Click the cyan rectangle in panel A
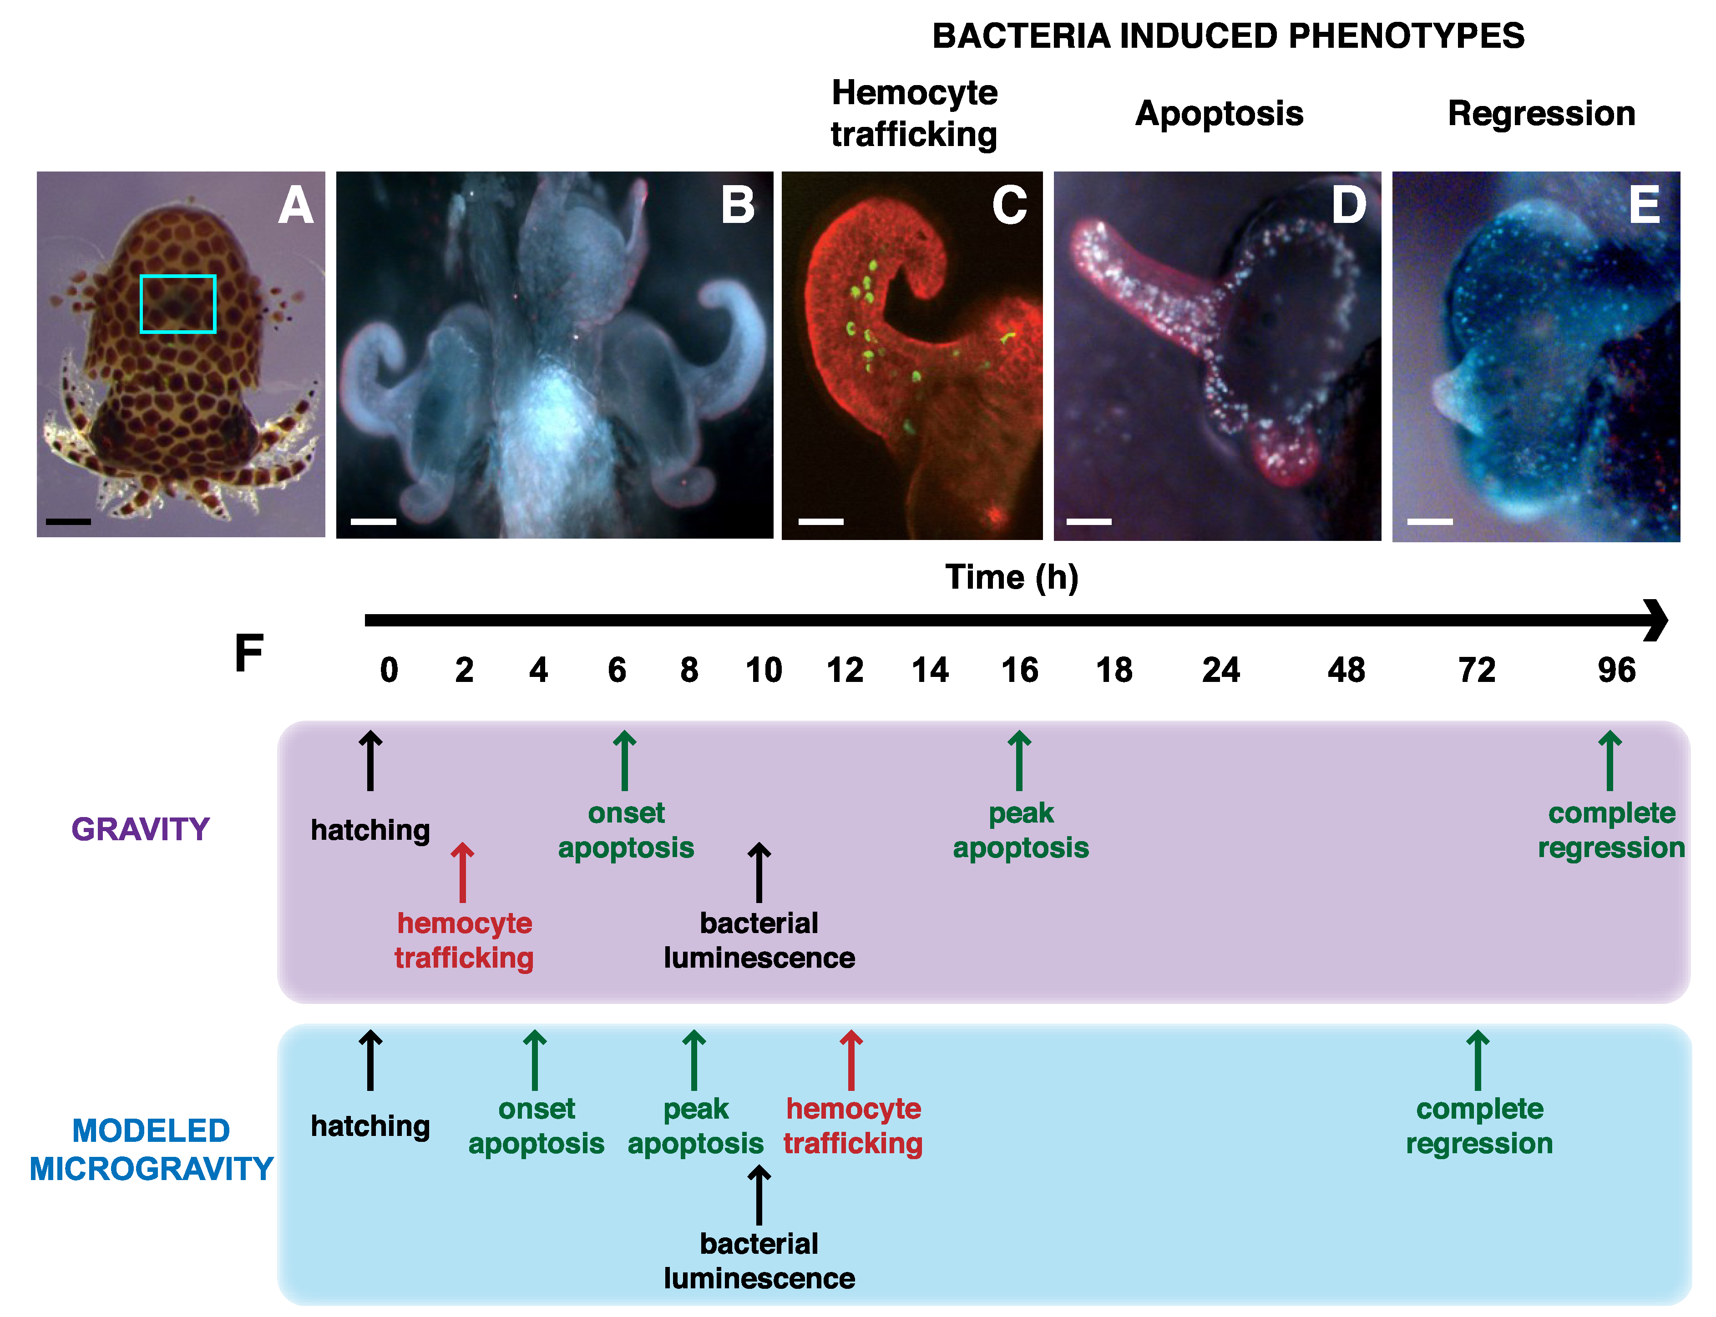point(178,304)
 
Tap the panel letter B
point(737,205)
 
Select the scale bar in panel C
point(821,521)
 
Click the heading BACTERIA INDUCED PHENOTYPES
point(1228,36)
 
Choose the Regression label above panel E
point(1541,114)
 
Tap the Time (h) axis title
point(1011,578)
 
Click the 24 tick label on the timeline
point(1220,670)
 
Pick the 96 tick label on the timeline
point(1616,670)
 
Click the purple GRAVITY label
point(141,829)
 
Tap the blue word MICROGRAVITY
point(151,1169)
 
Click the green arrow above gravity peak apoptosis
point(1019,761)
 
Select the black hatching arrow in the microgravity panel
point(370,1060)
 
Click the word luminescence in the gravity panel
point(759,958)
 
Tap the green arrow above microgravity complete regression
point(1478,1060)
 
